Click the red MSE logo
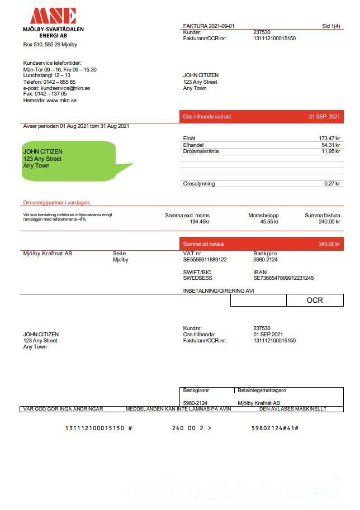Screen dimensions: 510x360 (x=53, y=16)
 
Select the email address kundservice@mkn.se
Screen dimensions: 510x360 (x=65, y=88)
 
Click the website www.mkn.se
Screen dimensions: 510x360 (x=61, y=101)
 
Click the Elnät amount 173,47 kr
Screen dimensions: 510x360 (x=330, y=138)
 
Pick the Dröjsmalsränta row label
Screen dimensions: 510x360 (x=201, y=151)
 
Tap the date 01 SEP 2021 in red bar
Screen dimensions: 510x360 (x=324, y=117)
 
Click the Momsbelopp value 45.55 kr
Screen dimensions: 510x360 (x=269, y=222)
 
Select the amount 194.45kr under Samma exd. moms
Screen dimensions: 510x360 (x=200, y=222)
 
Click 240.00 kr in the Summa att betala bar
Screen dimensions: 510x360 (x=329, y=244)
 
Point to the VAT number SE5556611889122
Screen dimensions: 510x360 (x=205, y=260)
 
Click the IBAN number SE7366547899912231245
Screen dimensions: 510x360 (x=283, y=278)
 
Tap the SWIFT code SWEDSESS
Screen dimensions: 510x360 (x=198, y=278)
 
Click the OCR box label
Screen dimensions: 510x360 (x=315, y=301)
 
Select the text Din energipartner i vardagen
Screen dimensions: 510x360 (x=56, y=203)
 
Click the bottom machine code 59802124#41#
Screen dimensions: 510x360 (x=275, y=428)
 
